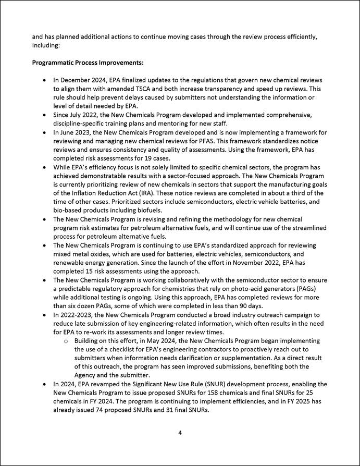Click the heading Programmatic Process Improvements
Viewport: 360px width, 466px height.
point(88,63)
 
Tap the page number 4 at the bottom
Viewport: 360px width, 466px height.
point(179,432)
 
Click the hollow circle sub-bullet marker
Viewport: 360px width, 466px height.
point(66,340)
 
